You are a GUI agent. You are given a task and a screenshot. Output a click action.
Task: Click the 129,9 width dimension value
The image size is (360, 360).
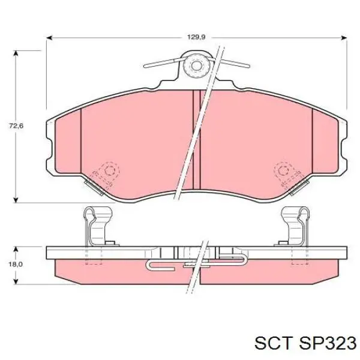196,37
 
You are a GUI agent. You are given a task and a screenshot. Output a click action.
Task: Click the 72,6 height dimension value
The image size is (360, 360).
16,126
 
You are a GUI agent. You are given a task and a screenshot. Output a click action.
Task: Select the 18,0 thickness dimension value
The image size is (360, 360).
16,264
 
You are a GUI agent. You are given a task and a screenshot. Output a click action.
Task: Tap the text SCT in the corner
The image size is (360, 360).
274,343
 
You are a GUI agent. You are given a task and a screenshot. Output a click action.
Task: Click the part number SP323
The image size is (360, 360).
328,343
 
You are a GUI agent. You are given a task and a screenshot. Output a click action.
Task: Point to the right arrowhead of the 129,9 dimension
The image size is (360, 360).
343,38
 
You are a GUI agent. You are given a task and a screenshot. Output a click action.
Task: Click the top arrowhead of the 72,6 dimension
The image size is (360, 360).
16,53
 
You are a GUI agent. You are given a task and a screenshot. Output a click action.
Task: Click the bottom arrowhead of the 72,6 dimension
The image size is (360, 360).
16,200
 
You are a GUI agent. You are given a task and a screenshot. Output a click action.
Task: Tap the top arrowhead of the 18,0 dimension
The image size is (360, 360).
16,250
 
